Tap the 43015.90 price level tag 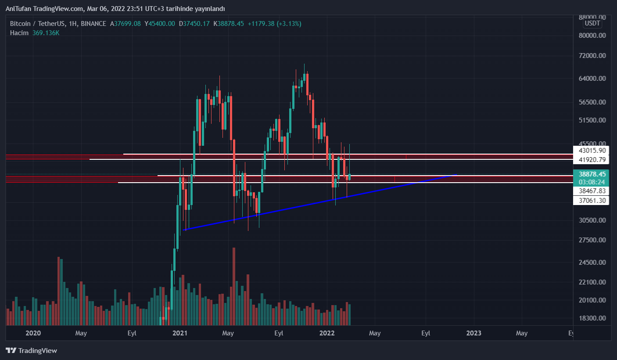point(592,151)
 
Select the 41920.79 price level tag point(592,159)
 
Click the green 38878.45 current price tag point(592,174)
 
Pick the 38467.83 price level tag point(592,191)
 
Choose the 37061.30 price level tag point(592,201)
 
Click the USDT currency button point(593,23)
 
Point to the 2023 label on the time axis point(474,333)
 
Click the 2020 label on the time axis point(33,333)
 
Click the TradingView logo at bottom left point(31,350)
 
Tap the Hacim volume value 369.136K point(46,33)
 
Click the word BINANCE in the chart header point(93,24)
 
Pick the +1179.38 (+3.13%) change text point(274,24)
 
